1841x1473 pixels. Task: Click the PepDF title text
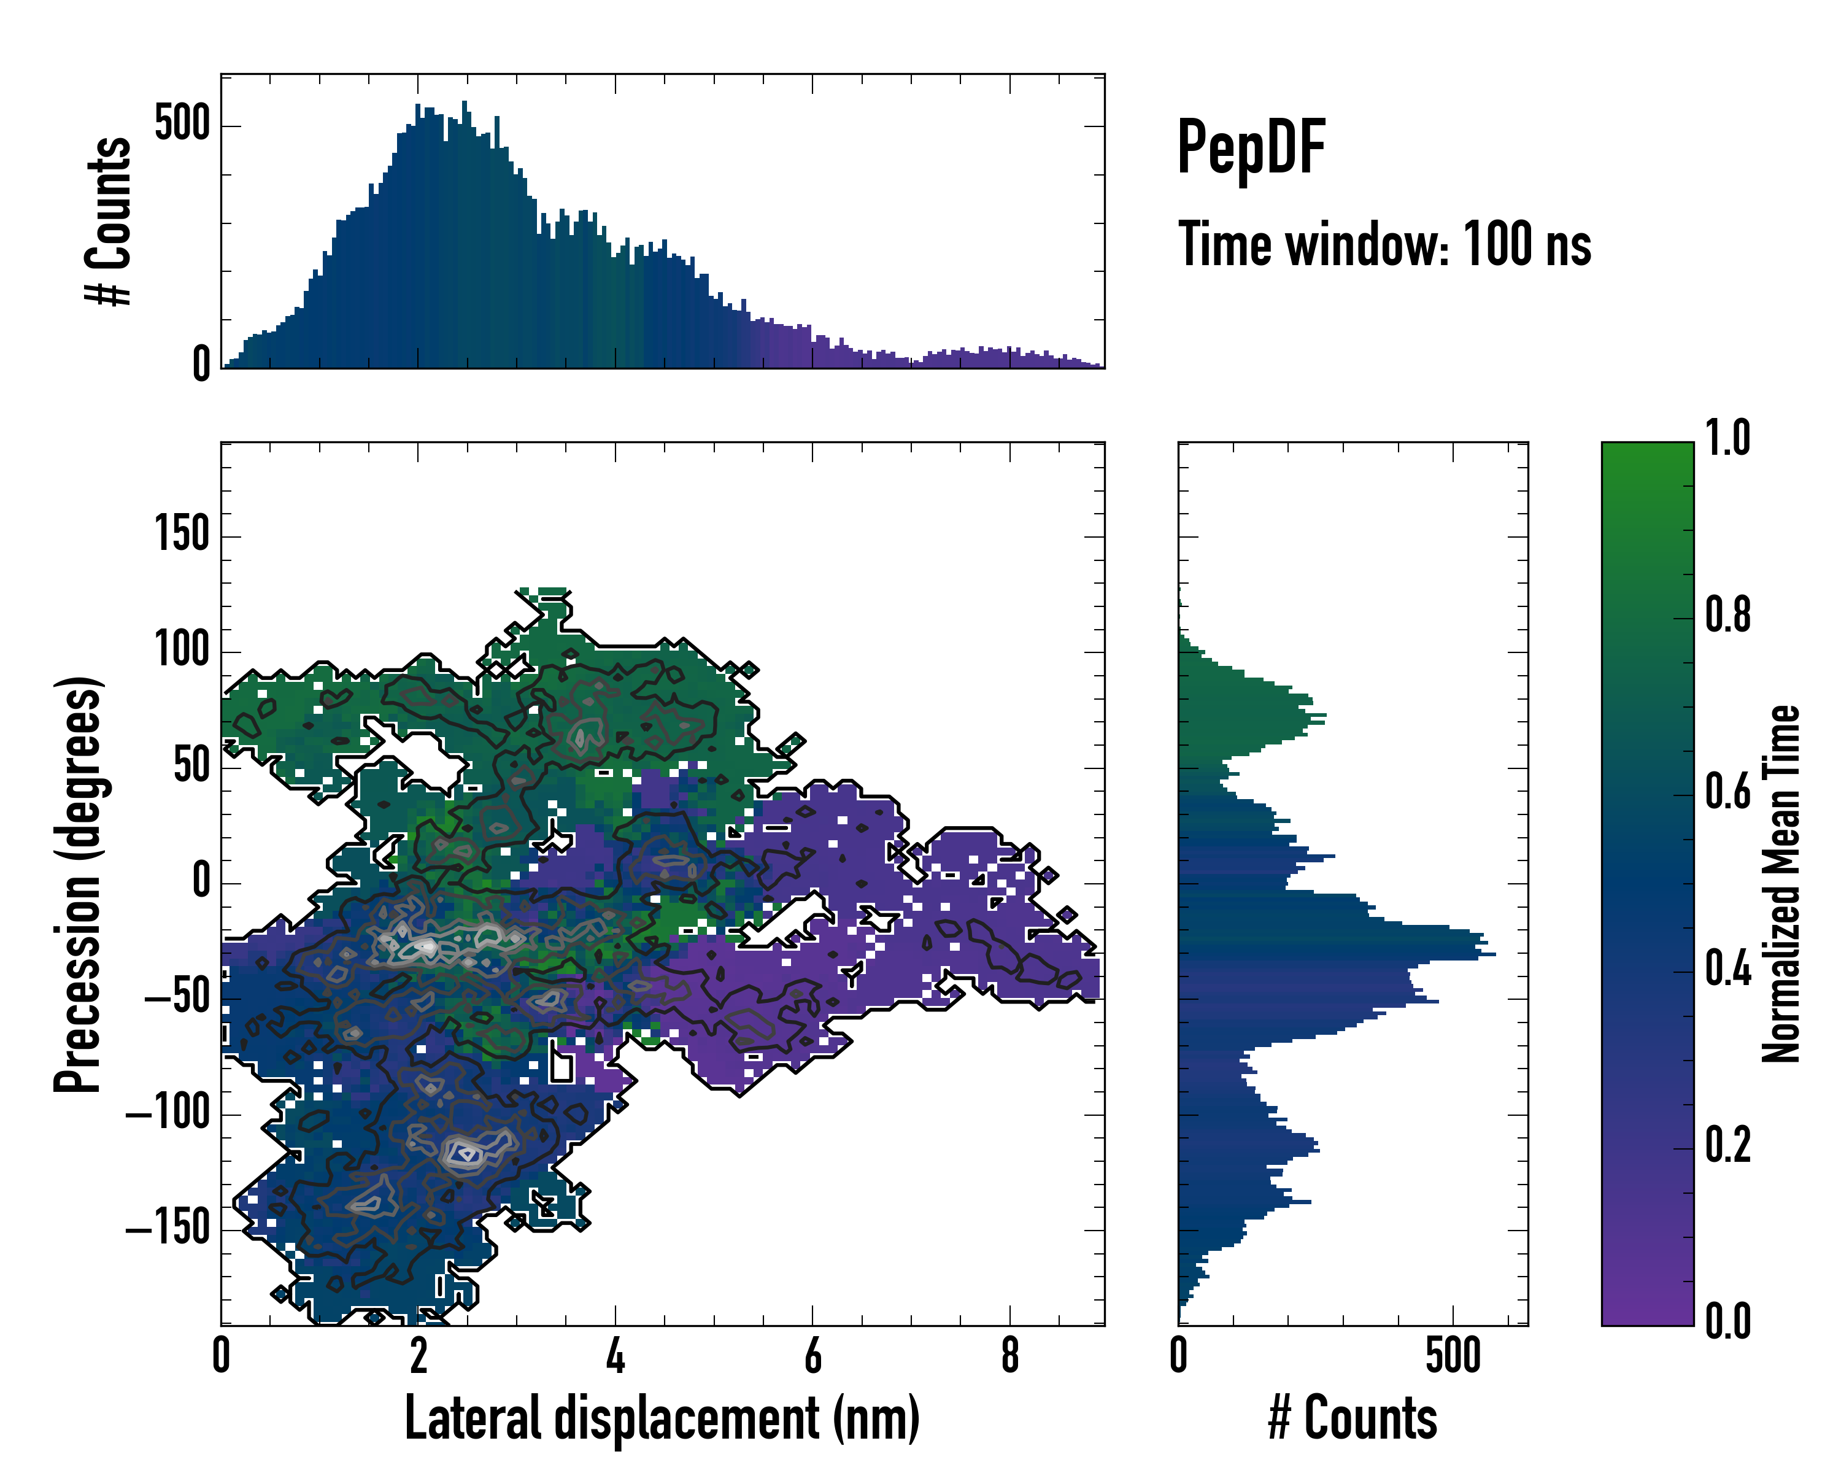click(1250, 148)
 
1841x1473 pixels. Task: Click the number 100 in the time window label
click(1499, 244)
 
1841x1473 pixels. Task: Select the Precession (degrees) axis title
click(79, 884)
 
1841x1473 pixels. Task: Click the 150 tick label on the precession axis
click(182, 535)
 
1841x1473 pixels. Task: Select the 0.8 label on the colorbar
click(1727, 615)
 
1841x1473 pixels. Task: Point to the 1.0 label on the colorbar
click(1727, 438)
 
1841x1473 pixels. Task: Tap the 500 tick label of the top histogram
click(182, 124)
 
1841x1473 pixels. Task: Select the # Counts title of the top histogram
click(109, 220)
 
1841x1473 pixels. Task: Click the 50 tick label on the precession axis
click(191, 765)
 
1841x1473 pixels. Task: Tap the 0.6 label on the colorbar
click(1727, 792)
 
